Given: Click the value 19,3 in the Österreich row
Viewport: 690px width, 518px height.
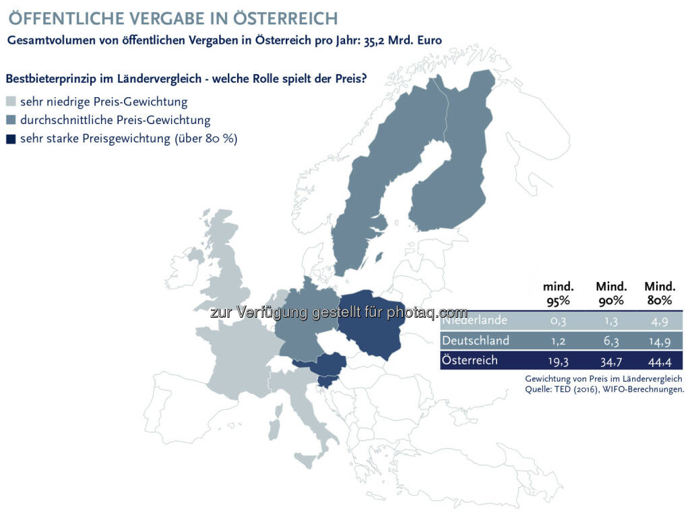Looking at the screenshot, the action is (x=558, y=362).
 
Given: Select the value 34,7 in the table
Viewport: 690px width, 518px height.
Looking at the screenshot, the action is (x=611, y=362).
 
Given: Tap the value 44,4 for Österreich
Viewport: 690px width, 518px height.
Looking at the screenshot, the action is (x=660, y=362).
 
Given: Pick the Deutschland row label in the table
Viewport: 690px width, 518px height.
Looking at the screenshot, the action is (x=475, y=341).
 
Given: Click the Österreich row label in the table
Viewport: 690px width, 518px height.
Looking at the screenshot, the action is (x=470, y=360).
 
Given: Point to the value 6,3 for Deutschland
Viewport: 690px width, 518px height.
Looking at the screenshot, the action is (x=611, y=341).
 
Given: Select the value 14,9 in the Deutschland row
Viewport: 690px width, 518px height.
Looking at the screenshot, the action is (x=660, y=341).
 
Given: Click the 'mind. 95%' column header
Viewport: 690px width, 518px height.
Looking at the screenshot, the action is (x=558, y=293).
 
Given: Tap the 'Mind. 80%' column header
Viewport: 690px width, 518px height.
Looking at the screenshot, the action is (x=660, y=293).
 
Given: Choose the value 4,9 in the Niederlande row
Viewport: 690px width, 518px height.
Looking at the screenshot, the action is (x=660, y=321).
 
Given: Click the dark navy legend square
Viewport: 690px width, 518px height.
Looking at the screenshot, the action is (x=11, y=139).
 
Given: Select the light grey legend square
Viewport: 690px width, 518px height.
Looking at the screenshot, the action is (x=11, y=102).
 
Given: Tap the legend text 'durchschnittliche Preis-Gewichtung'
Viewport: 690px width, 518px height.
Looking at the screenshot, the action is (x=115, y=120).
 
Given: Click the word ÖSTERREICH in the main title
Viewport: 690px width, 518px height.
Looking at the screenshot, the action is (x=285, y=18).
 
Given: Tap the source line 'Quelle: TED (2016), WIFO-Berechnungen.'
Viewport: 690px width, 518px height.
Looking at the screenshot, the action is (x=604, y=389).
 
